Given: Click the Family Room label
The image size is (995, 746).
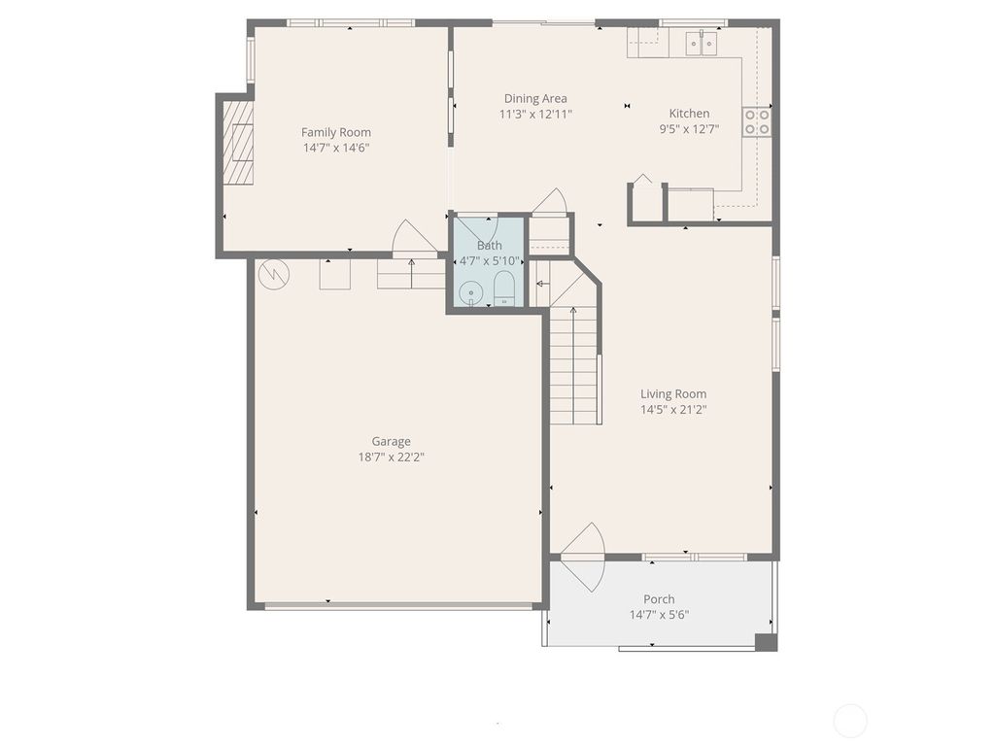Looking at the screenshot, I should pos(335,132).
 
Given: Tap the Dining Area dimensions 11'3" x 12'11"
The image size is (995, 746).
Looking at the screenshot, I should pos(535,114).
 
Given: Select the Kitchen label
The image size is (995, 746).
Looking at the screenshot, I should pos(689,113).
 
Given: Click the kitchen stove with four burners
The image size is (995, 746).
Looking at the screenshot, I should pos(757,121).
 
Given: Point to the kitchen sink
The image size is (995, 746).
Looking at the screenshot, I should pos(701,42).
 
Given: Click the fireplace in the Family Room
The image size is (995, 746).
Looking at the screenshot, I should pos(238,143).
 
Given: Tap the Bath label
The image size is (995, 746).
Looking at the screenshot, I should pos(490,246).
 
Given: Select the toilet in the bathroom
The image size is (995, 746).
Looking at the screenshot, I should pos(504,288).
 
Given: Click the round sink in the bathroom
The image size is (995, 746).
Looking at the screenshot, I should pos(471,290).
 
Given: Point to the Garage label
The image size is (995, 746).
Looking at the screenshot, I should pos(391,441).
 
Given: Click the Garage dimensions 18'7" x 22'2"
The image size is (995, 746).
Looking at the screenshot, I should pos(391,457).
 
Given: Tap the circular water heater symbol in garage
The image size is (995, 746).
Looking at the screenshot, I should pos(274,274).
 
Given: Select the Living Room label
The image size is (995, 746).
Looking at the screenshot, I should pos(672,393).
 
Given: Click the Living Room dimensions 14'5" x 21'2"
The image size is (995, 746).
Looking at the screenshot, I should pos(672,409).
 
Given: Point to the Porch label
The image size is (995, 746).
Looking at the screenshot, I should pos(659,598).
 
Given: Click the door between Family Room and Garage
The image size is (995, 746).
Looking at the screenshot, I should pos(413,240).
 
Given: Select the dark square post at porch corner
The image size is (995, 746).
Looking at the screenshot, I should pos(766,642).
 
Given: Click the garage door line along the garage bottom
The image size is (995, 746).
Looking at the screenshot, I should pos(398,606).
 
